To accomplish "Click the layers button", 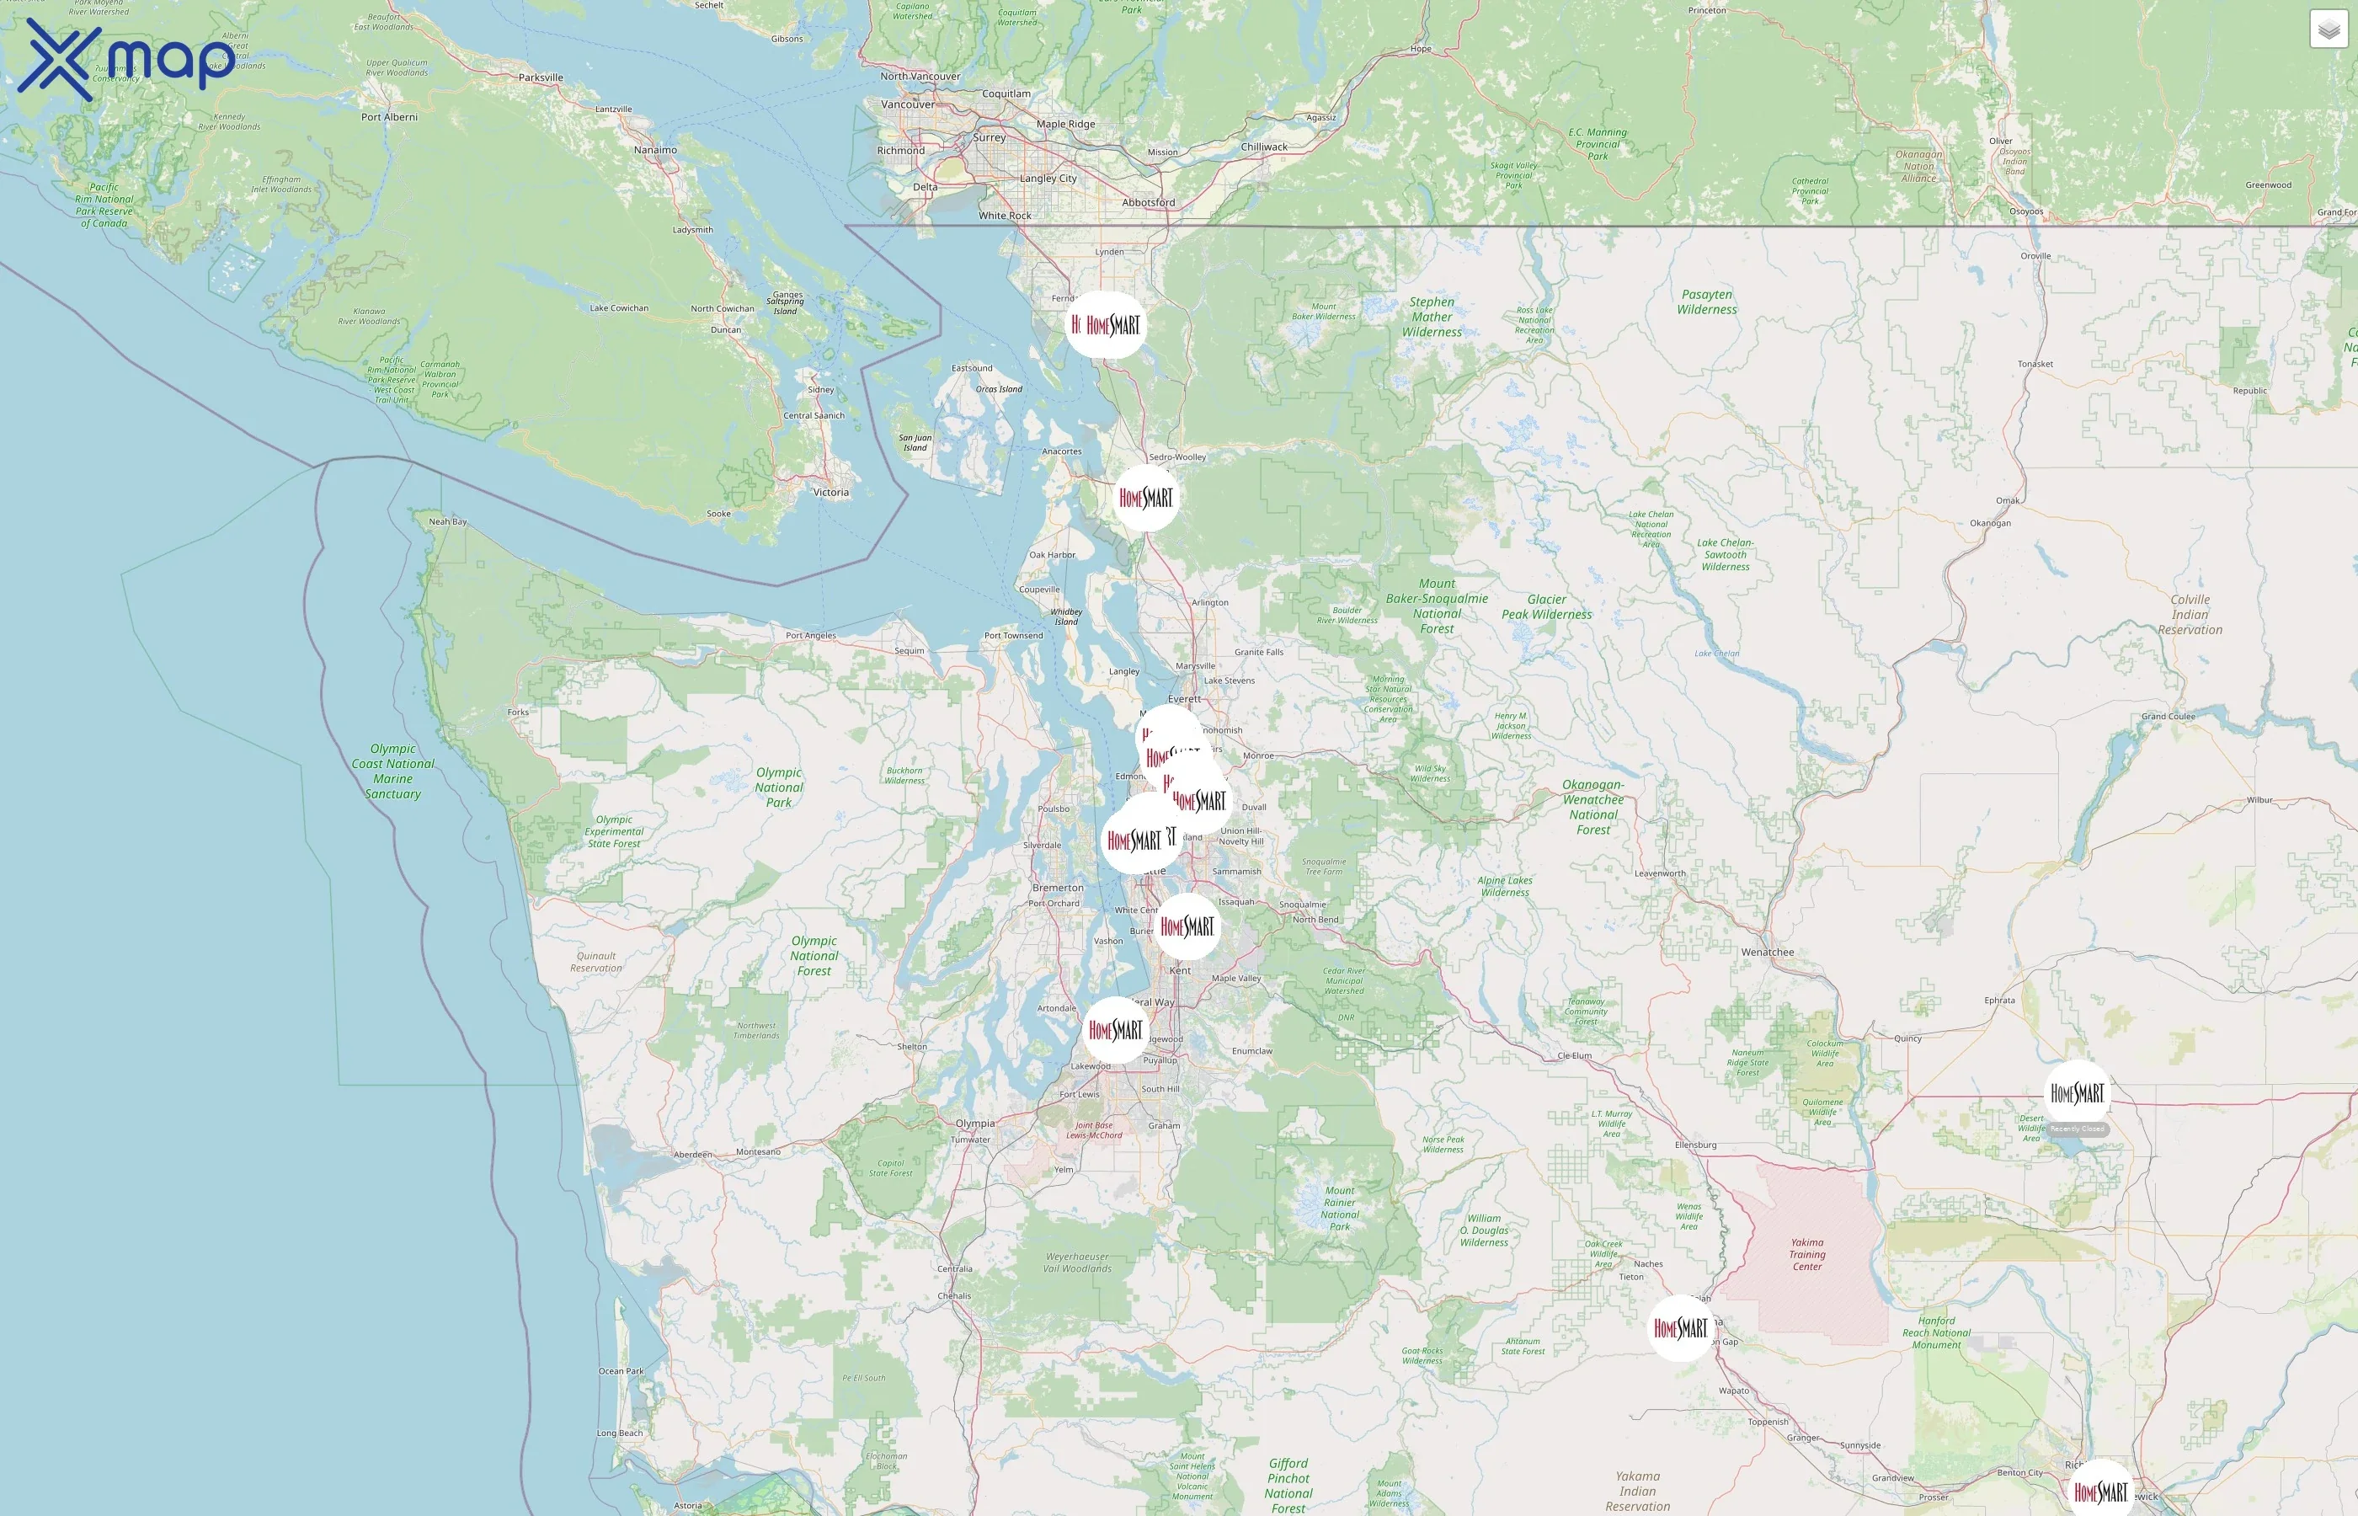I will (x=2328, y=29).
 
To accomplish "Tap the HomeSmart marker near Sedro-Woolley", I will (x=1146, y=498).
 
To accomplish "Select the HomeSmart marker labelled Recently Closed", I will (x=2077, y=1094).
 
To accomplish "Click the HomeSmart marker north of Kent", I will (x=1187, y=926).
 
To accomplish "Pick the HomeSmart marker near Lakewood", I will (x=1115, y=1031).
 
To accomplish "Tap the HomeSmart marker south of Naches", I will (x=1680, y=1328).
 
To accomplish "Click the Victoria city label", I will (x=830, y=492).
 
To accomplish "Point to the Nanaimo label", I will (x=655, y=151).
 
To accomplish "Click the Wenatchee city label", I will (x=1768, y=952).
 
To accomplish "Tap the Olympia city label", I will (x=974, y=1124).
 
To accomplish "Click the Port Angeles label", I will (x=810, y=636).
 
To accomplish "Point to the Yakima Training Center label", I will (x=1807, y=1254).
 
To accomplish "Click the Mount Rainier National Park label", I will (x=1339, y=1208).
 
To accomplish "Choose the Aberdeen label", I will (x=693, y=1154).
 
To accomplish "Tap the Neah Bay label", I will (x=448, y=521).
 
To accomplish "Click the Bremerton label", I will (x=1058, y=888).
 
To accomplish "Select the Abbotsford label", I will (x=1149, y=203).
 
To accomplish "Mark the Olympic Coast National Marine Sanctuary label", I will (x=392, y=771).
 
